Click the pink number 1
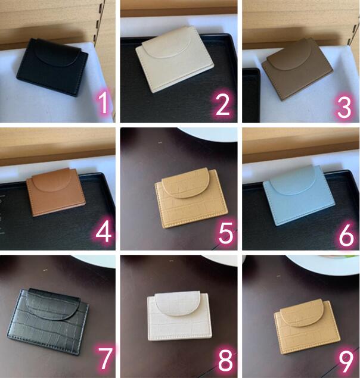pyautogui.click(x=103, y=103)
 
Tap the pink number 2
pyautogui.click(x=222, y=104)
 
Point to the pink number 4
pyautogui.click(x=104, y=232)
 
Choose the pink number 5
pyautogui.click(x=226, y=233)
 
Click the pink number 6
pyautogui.click(x=346, y=235)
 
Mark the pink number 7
pyautogui.click(x=105, y=358)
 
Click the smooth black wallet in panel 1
pyautogui.click(x=52, y=67)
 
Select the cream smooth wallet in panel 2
pyautogui.click(x=175, y=59)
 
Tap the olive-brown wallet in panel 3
pyautogui.click(x=297, y=68)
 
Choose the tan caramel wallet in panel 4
pyautogui.click(x=56, y=192)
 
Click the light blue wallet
pyautogui.click(x=299, y=195)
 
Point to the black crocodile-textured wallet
pyautogui.click(x=48, y=321)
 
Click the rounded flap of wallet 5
pyautogui.click(x=185, y=183)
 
